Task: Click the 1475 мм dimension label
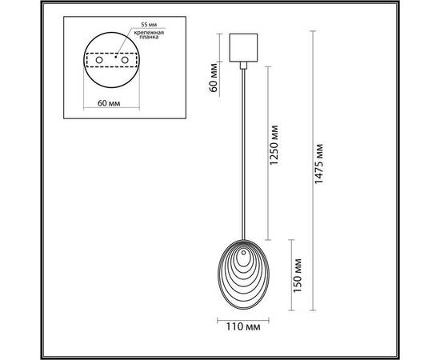pos(319,170)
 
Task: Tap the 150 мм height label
pos(298,273)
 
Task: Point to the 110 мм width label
pos(242,326)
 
